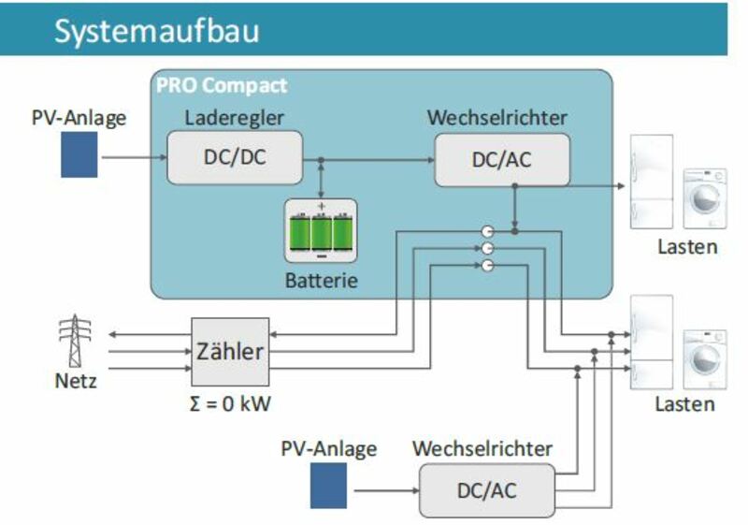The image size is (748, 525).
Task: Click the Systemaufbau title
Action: pyautogui.click(x=156, y=30)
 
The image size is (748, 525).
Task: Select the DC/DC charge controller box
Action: pyautogui.click(x=235, y=157)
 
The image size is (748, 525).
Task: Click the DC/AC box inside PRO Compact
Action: pyautogui.click(x=502, y=159)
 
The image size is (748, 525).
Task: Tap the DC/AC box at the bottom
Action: pyautogui.click(x=486, y=489)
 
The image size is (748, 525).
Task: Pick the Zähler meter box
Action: pyautogui.click(x=229, y=352)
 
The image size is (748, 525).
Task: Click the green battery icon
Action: pyautogui.click(x=321, y=229)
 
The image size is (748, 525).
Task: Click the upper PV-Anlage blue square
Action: pyautogui.click(x=79, y=154)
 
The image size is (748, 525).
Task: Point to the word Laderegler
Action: pyautogui.click(x=234, y=118)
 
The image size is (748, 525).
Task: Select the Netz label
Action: pyautogui.click(x=77, y=382)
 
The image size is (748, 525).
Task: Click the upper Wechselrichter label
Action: pyautogui.click(x=496, y=118)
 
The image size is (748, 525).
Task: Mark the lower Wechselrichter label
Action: pyautogui.click(x=482, y=449)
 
